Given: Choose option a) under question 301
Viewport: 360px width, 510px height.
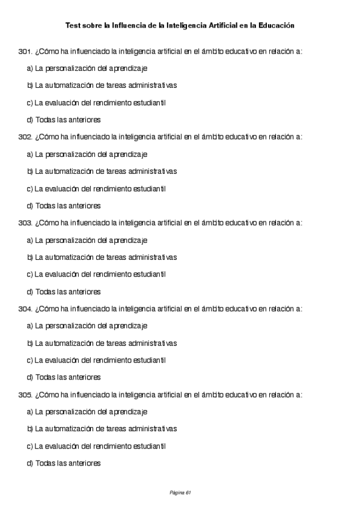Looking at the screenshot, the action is [x=87, y=69].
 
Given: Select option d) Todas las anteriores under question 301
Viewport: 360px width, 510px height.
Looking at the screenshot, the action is [x=64, y=120].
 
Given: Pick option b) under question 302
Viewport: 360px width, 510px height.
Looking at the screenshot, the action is [x=102, y=171].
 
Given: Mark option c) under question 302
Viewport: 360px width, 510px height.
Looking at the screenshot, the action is [x=96, y=189].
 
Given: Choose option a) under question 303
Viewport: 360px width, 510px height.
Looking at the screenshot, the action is [x=87, y=241].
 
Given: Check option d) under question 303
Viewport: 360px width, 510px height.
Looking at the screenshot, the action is [x=64, y=292].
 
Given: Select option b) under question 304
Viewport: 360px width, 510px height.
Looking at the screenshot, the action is [x=102, y=343].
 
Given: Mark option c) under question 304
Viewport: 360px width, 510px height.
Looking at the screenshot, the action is [x=96, y=361].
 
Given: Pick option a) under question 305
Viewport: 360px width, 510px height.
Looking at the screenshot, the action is [x=87, y=413].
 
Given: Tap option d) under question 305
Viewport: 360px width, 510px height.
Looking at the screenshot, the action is [x=64, y=464].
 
